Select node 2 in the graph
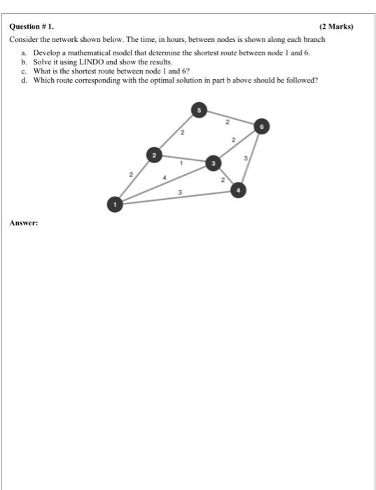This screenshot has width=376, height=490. pos(155,154)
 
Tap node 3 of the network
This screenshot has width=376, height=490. pos(213,163)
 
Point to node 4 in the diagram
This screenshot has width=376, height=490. pos(238,189)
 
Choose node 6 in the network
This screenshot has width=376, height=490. pos(262,126)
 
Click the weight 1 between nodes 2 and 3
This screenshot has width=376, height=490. pos(181,163)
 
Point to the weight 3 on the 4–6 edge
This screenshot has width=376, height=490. pos(246,160)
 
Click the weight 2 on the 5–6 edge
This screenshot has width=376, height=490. pos(227,122)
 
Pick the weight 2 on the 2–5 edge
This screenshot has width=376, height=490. pos(181,132)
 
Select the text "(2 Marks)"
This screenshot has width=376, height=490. pos(336,27)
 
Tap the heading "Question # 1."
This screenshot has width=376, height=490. pos(31,27)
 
